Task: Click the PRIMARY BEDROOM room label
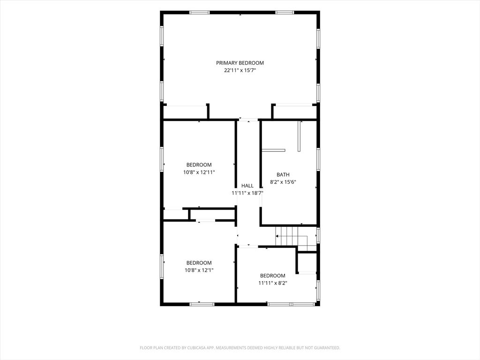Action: (x=240, y=63)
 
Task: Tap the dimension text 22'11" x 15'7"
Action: (x=240, y=70)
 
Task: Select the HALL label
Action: (x=247, y=186)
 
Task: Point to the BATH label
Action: (x=283, y=174)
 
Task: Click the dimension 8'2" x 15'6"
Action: (x=283, y=182)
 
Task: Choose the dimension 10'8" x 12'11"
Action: (x=199, y=172)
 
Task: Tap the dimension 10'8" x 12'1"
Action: (x=199, y=270)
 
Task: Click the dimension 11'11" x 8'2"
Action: (x=273, y=283)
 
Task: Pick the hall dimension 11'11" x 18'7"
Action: (x=247, y=193)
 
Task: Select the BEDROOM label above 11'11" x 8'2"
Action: (x=273, y=276)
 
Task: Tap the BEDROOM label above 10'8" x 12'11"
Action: (x=199, y=165)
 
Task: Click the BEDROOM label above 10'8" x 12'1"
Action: (x=199, y=262)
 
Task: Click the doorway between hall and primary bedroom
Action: (x=248, y=120)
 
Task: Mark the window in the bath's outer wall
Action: (x=318, y=159)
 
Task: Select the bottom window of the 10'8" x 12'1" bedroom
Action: (x=202, y=304)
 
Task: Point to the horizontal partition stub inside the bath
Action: (x=273, y=150)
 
